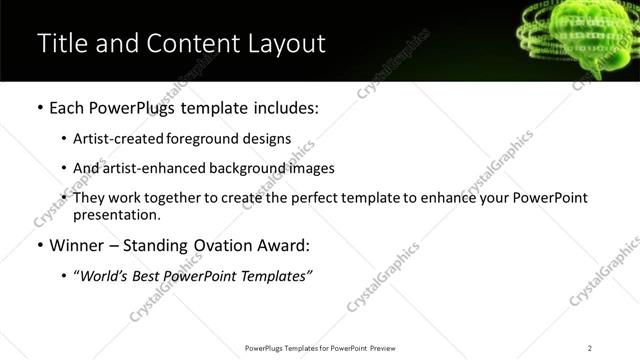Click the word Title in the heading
pos(62,44)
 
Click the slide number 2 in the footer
pos(590,348)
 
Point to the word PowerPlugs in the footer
pos(267,348)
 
